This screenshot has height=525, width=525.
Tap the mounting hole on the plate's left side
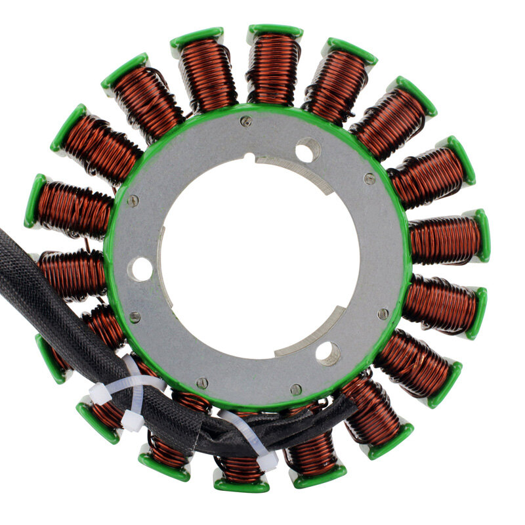pyautogui.click(x=140, y=269)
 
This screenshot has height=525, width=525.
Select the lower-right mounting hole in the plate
pyautogui.click(x=327, y=353)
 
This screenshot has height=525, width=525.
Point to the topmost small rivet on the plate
pyautogui.click(x=246, y=121)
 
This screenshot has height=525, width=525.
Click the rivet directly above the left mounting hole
pyautogui.click(x=133, y=201)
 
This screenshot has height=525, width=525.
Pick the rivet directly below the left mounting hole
pyautogui.click(x=135, y=317)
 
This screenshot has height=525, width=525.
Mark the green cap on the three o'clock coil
pyautogui.click(x=482, y=235)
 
